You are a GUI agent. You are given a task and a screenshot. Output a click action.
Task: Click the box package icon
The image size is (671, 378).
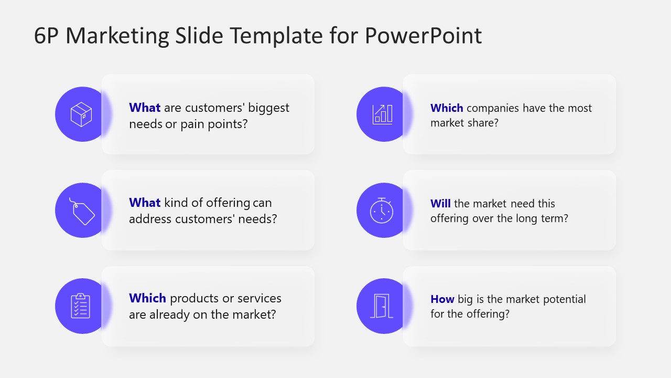point(81,114)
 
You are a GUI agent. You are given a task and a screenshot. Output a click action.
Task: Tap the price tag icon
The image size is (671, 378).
point(82,211)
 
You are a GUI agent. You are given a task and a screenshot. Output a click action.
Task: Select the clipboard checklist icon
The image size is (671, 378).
point(81,306)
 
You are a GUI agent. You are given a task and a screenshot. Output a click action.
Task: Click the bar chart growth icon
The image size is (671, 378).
point(382,114)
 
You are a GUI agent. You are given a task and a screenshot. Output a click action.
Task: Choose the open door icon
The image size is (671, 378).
point(382,306)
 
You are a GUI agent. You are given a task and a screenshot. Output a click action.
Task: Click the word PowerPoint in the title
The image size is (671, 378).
point(423,36)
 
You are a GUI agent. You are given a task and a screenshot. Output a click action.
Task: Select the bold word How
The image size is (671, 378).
point(442,299)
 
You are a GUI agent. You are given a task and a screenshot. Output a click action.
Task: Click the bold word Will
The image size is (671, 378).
point(440,203)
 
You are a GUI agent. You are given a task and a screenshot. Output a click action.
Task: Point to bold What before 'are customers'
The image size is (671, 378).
point(145,108)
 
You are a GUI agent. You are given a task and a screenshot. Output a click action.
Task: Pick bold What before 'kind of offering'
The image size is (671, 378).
point(145,203)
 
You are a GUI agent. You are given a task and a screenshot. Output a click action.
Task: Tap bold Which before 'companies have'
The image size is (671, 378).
point(447,108)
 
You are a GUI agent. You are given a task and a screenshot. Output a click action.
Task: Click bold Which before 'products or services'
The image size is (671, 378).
point(147,298)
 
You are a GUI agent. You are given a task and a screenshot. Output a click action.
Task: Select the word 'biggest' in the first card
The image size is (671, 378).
point(268,108)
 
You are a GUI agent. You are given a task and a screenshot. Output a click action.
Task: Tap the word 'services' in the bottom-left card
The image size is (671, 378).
point(259,298)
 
